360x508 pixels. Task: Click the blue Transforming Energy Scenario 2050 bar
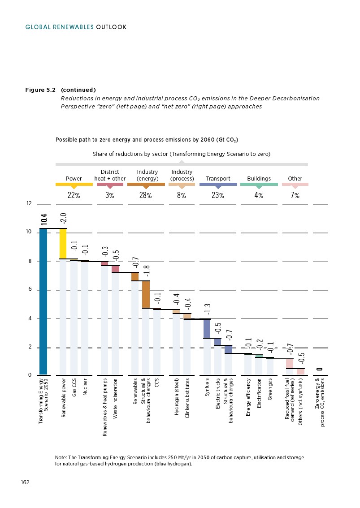click(x=43, y=301)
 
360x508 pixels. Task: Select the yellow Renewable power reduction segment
click(x=63, y=243)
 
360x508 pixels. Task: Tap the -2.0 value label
click(x=63, y=219)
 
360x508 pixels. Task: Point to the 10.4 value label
click(x=44, y=219)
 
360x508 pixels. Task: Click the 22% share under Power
click(x=74, y=195)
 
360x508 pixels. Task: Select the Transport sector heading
click(x=218, y=178)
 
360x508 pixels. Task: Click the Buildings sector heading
click(x=259, y=178)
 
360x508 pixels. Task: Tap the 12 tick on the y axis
click(x=29, y=204)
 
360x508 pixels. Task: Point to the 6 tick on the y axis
click(x=29, y=290)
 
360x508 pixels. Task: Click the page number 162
click(x=25, y=482)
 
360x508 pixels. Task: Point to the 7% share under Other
click(x=295, y=195)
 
